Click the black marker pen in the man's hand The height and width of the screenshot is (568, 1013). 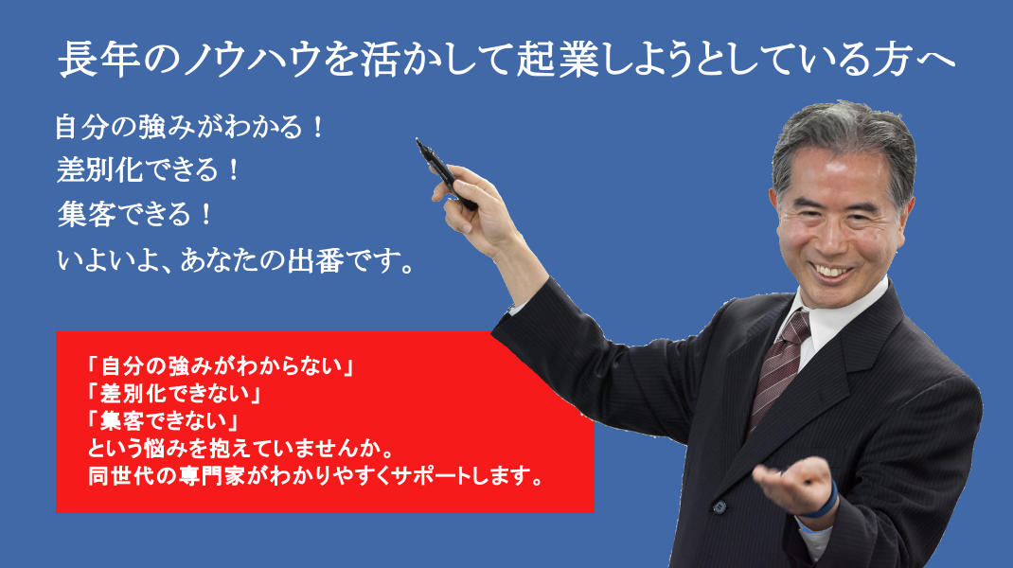[445, 173]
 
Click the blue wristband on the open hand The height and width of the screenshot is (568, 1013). [825, 503]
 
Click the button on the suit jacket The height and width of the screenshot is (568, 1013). [720, 507]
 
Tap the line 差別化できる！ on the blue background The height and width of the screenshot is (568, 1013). [148, 169]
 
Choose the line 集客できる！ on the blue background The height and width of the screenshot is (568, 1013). [134, 214]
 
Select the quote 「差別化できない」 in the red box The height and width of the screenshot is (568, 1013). [174, 393]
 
